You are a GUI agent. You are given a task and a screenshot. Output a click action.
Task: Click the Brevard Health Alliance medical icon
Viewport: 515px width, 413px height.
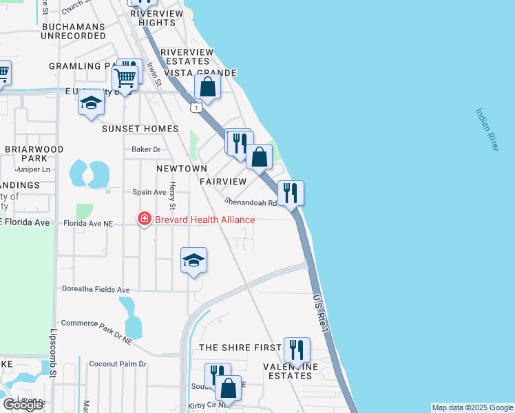[145, 220]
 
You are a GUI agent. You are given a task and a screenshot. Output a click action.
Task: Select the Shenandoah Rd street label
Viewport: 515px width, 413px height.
[251, 202]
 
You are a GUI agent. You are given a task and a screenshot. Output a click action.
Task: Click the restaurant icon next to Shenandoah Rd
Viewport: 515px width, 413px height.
[291, 193]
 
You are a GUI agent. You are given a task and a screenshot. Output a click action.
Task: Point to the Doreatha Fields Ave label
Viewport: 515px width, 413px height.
[96, 290]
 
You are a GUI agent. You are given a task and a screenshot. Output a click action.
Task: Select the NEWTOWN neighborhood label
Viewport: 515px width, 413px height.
[182, 169]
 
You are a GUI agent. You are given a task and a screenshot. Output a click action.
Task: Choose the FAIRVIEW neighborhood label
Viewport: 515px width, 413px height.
[223, 182]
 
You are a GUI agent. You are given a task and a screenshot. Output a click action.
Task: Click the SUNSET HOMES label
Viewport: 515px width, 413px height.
[140, 129]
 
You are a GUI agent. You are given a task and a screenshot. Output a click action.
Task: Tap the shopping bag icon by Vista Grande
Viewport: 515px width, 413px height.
[207, 87]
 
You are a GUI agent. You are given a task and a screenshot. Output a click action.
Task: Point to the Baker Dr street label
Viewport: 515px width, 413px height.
[145, 149]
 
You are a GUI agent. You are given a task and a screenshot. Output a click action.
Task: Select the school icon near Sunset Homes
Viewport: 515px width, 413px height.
[91, 105]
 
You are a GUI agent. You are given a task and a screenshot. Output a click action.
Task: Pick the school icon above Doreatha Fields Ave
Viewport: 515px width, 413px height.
[194, 261]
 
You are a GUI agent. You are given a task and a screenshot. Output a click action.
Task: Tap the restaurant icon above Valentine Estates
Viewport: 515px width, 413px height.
[297, 350]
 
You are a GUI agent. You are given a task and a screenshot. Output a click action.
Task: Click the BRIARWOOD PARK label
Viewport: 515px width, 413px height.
[34, 154]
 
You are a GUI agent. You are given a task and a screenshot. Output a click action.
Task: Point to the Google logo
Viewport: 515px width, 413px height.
[23, 405]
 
